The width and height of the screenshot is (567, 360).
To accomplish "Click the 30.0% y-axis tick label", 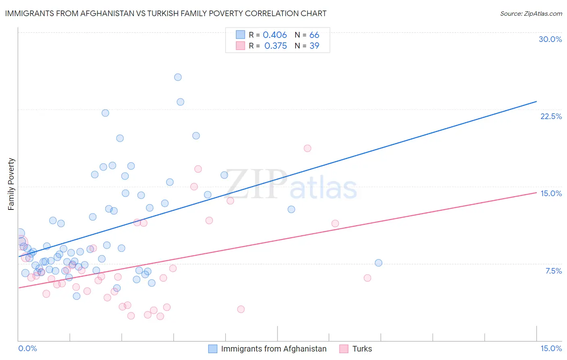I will coord(550,39).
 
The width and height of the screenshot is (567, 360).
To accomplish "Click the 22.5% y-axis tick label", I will coord(551,116).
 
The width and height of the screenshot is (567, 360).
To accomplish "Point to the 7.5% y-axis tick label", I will coord(553,271).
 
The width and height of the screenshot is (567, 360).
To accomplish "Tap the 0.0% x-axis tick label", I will coord(27,348).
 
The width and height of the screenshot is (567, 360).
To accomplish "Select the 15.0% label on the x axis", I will coord(551,348).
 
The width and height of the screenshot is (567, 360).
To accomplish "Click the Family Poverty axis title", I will coord(11,184).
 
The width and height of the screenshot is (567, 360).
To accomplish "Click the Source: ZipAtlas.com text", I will coord(531,13).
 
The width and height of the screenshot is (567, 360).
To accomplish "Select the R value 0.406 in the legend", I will coord(275,35).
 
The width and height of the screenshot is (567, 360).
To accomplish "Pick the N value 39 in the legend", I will coord(314,46).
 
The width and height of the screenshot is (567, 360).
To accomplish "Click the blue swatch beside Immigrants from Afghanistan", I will coord(213,349).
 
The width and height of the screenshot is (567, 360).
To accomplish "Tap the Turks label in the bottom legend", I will coord(362,349).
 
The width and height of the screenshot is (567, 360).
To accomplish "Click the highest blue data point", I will coord(178,77).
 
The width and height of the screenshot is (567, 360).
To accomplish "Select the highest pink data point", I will coord(307,148).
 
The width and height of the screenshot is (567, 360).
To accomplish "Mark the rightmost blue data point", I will coord(378,263).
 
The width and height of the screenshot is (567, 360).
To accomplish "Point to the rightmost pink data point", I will coord(367,278).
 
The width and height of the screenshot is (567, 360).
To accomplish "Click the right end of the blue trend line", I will coord(536,101).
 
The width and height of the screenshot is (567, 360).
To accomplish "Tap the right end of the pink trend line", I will coord(536,193).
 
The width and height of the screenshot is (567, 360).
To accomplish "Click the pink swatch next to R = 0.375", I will coord(240,46).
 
